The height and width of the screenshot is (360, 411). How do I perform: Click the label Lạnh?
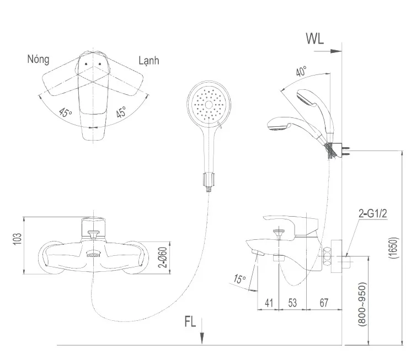point(149,61)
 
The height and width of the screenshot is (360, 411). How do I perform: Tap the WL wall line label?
point(315,39)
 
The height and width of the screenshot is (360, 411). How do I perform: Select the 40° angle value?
point(301,72)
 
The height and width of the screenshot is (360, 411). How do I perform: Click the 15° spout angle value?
point(239,280)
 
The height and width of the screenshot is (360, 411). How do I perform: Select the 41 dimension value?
point(270,302)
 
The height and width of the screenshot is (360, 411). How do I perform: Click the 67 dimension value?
point(324,302)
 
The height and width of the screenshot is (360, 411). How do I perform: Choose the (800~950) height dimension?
point(361,307)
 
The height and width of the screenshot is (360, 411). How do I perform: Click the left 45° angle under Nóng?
point(66,114)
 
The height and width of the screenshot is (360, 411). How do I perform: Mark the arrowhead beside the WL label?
point(336,51)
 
